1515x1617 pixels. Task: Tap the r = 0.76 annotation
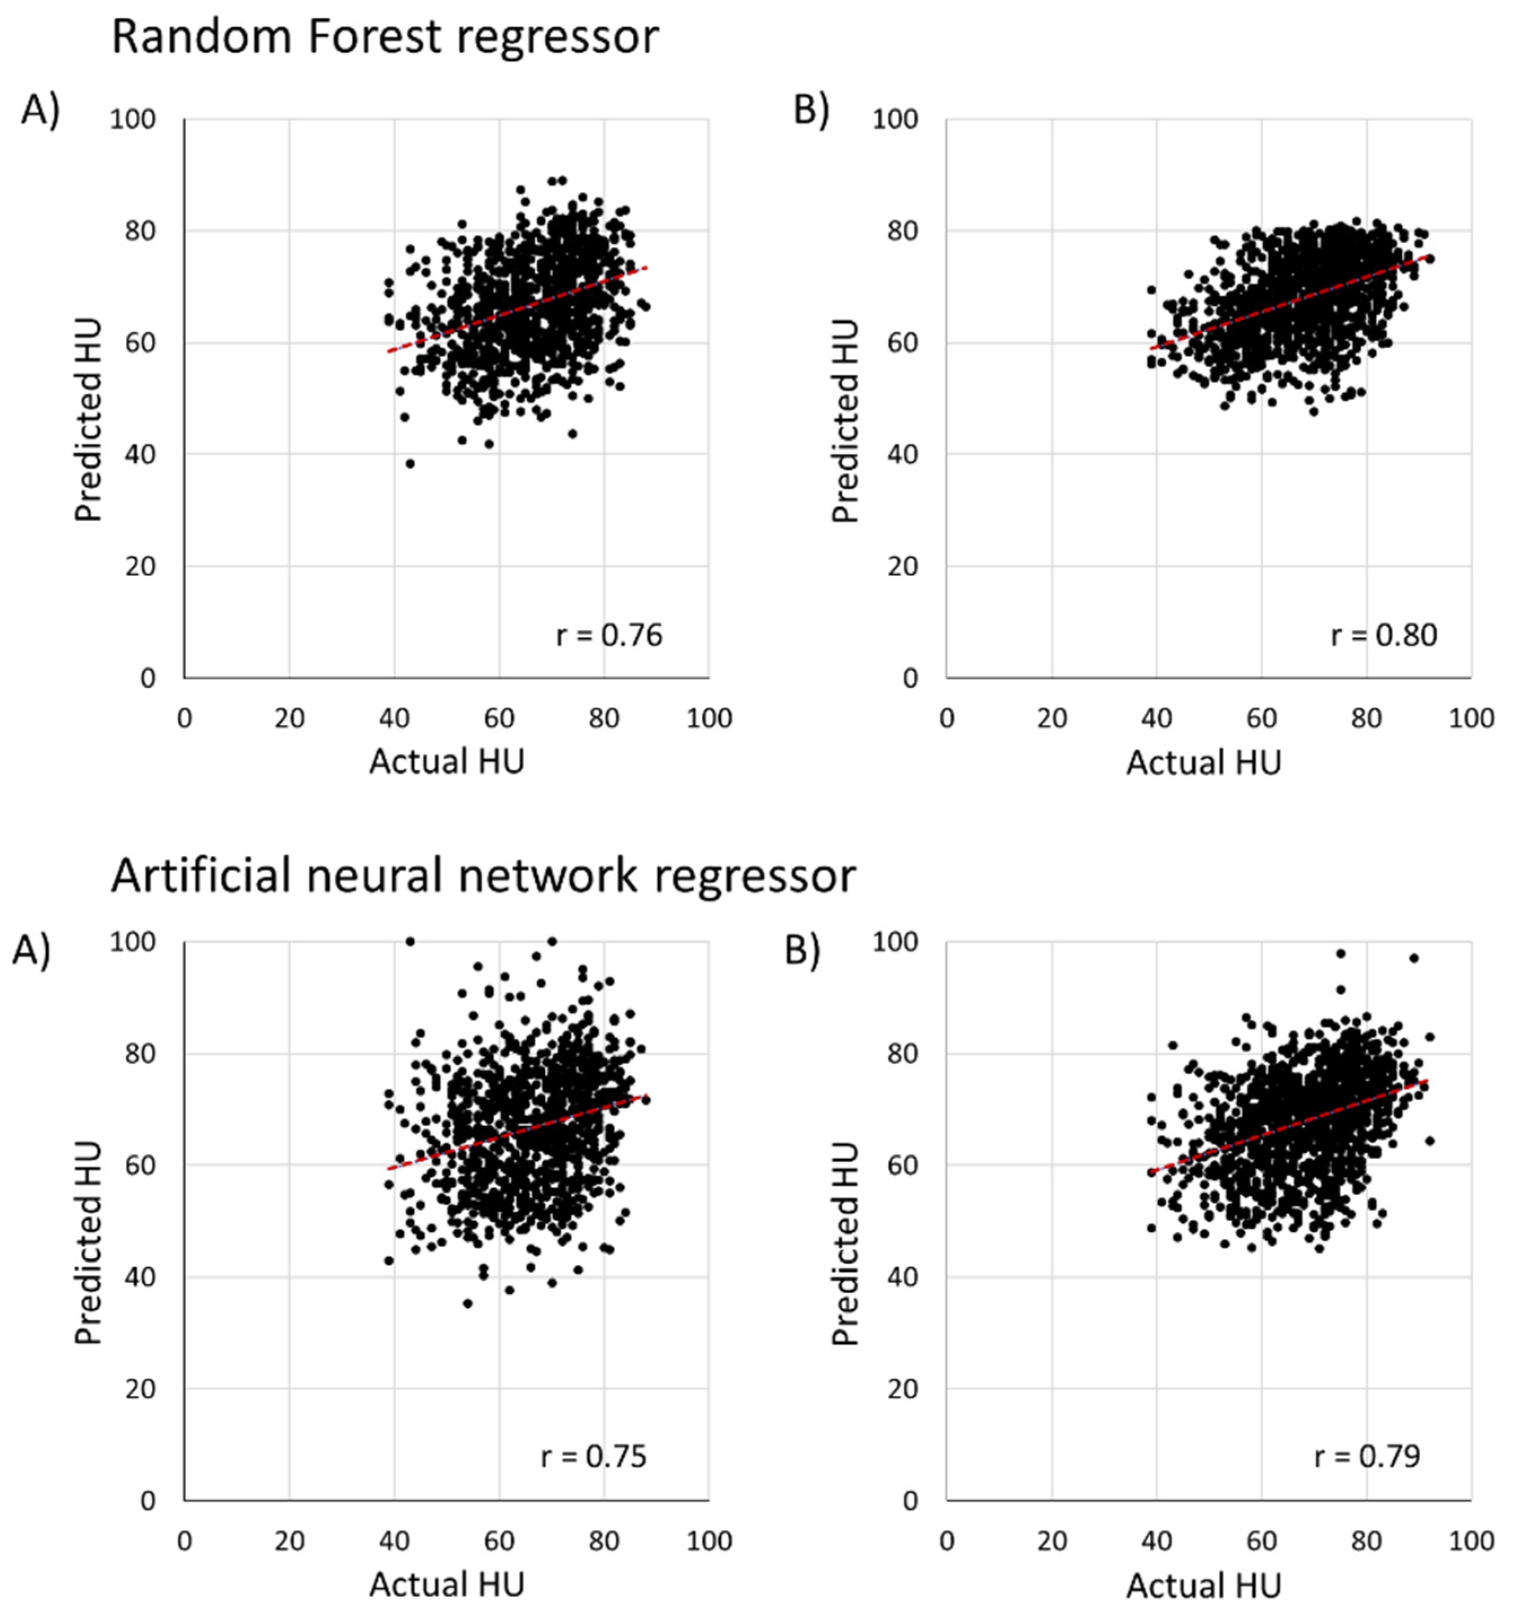608,634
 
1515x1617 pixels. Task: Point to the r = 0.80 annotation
1383,634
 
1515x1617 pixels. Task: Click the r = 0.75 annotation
593,1456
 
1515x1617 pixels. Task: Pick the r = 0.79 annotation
1367,1456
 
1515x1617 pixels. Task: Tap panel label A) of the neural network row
31,950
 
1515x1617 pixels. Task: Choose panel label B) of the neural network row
802,950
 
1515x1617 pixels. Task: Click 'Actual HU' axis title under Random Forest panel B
1203,762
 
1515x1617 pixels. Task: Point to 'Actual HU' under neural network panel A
446,1584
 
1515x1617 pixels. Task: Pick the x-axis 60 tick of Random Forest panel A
499,718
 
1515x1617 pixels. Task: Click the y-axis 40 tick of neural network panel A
140,1277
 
